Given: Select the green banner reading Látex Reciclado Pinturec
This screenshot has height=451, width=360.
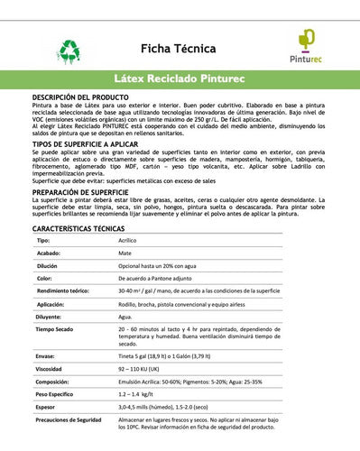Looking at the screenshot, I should tap(180, 79).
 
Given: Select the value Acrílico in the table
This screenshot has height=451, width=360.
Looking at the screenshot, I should tap(129, 242).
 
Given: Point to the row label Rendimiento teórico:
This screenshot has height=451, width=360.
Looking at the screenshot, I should tap(62, 292).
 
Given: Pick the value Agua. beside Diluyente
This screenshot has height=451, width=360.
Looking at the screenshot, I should tap(125, 318).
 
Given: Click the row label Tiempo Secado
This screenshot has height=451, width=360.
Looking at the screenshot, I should tap(56, 330).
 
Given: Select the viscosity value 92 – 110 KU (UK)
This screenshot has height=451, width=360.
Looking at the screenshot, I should tap(143, 369).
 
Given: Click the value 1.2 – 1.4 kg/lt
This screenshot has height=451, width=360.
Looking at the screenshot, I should tap(142, 394).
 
